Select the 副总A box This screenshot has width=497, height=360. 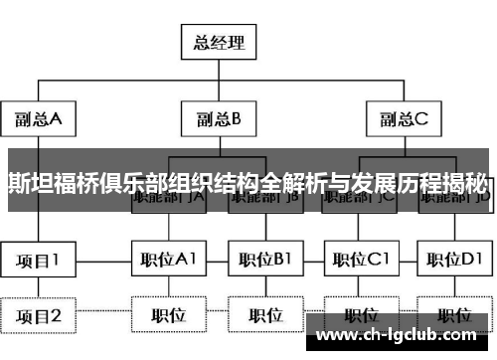[39, 119]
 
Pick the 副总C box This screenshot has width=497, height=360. [402, 119]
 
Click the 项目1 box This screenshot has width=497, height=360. [39, 261]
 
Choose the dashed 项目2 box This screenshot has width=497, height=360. [39, 315]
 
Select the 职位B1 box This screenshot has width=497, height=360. [262, 261]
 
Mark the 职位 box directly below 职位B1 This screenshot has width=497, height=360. [262, 315]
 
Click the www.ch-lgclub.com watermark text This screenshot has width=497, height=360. [404, 336]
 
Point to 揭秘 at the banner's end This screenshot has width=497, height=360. [468, 182]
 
